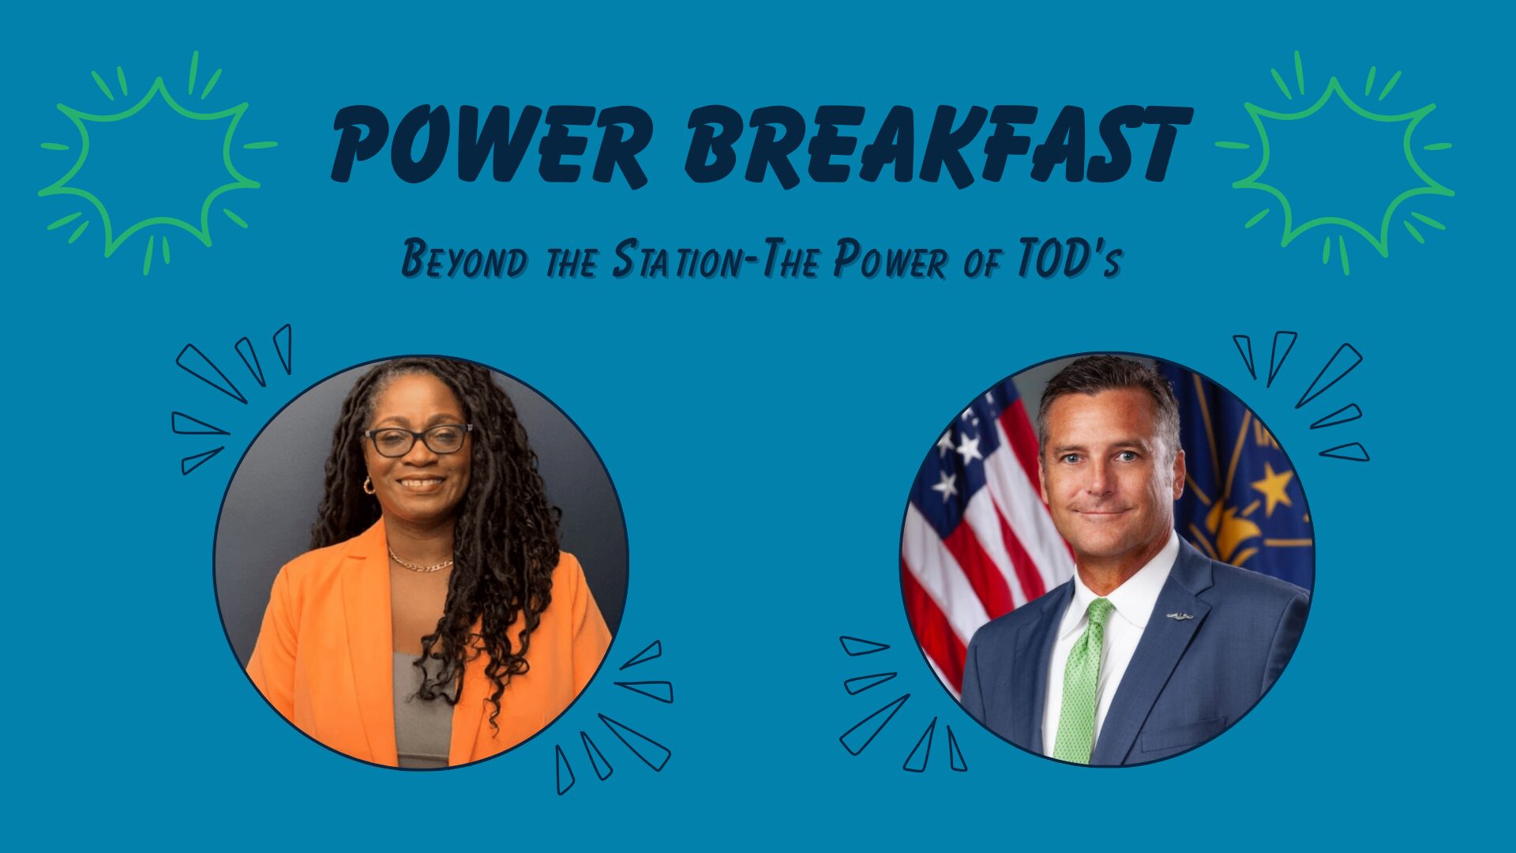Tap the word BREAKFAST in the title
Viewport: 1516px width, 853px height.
tap(937, 145)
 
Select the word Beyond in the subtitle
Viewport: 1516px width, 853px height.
tap(463, 260)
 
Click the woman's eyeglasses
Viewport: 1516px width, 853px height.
tap(418, 440)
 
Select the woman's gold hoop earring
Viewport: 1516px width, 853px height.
tap(369, 485)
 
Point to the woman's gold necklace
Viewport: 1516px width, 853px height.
tap(420, 563)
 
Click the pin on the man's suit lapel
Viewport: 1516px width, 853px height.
tap(1180, 614)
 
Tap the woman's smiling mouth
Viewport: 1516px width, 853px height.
tap(422, 483)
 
